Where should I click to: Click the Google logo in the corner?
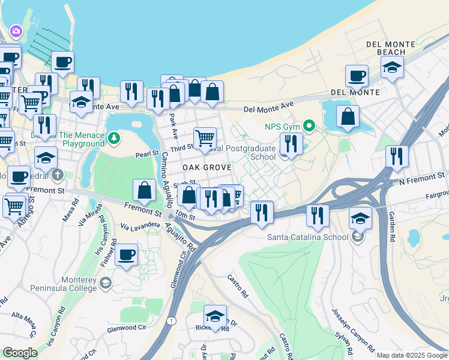coord(20,353)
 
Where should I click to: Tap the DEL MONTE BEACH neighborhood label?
coord(391,48)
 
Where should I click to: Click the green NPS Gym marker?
coord(309,125)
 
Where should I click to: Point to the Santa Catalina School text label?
coord(308,236)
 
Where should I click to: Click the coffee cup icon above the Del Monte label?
coord(357,76)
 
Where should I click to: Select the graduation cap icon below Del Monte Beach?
coord(392,67)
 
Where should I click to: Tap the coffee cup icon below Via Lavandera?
coord(126,254)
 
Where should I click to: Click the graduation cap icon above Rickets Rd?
coord(215,316)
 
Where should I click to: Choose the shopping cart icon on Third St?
coord(205,137)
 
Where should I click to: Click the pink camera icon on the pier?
coord(16,31)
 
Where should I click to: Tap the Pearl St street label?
coord(146,155)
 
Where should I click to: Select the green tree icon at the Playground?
coord(113,139)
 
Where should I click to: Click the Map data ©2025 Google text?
coord(412,355)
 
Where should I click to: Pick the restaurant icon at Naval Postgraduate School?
coord(291,144)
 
